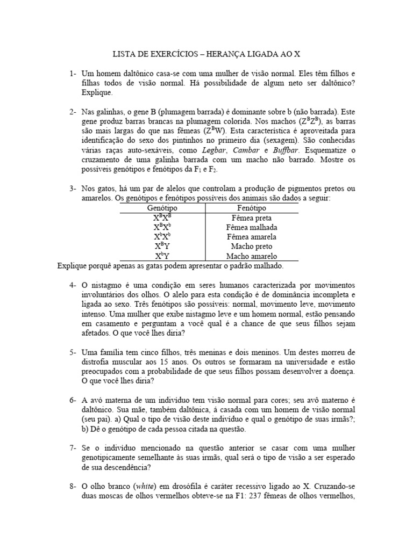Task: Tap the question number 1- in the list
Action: [73, 73]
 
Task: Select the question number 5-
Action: [73, 352]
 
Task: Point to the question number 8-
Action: [73, 487]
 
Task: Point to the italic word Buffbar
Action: [285, 150]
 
